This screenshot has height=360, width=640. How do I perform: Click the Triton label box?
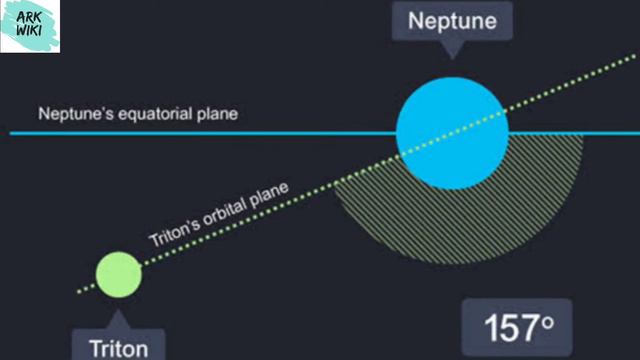tap(118, 346)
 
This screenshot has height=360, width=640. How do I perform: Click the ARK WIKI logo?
tap(29, 26)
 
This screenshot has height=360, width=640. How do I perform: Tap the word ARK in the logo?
tap(29, 16)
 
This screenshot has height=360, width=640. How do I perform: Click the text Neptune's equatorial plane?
tap(138, 114)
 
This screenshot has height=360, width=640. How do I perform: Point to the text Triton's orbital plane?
tap(219, 212)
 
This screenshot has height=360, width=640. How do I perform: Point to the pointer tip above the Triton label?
tap(118, 317)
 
